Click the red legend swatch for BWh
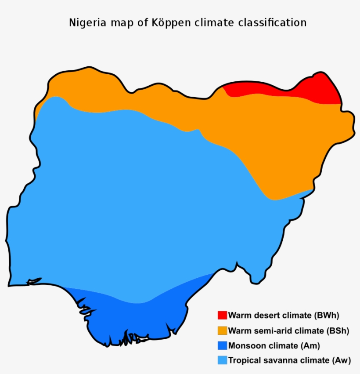222,315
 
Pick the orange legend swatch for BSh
222,330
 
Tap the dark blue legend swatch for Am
222,345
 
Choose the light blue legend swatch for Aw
222,360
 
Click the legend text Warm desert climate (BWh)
284,315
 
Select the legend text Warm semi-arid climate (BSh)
288,330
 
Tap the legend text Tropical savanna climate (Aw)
289,360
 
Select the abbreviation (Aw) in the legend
341,360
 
